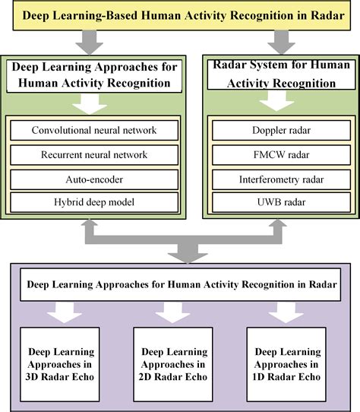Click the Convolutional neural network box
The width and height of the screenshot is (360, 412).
click(x=94, y=131)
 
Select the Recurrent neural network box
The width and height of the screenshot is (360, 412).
click(x=94, y=154)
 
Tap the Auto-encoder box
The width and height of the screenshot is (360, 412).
click(x=94, y=179)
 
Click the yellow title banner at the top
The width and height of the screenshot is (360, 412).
click(x=180, y=14)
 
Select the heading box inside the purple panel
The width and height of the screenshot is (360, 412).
click(x=180, y=287)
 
